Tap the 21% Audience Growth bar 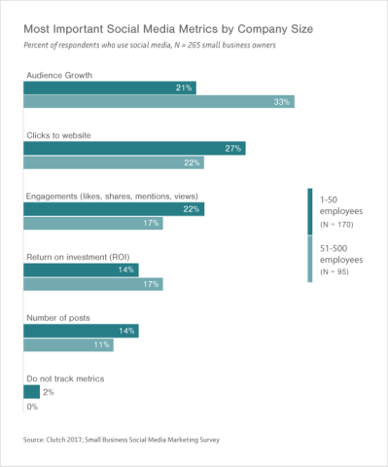click(110, 88)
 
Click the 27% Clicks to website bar click(134, 149)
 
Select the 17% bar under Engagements click(93, 223)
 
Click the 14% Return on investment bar click(81, 269)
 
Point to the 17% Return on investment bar click(93, 283)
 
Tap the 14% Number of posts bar click(81, 331)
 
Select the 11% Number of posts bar click(69, 344)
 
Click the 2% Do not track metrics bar click(31, 392)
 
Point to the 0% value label click(30, 406)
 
